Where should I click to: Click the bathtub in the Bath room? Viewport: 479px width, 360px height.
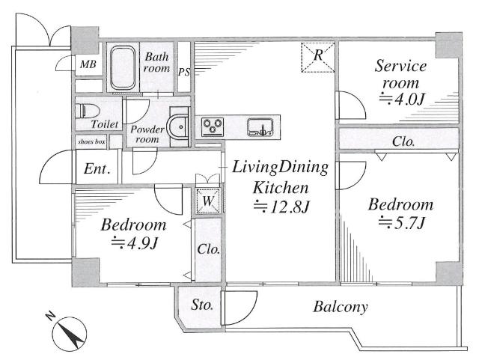[x=123, y=67]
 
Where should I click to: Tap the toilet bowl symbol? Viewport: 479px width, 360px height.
[x=87, y=111]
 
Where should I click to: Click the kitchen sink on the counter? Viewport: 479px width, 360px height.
[x=260, y=126]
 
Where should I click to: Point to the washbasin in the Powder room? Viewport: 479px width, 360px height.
[x=177, y=127]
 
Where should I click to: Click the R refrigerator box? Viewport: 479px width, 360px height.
[x=318, y=57]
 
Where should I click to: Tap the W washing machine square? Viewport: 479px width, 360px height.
[x=208, y=201]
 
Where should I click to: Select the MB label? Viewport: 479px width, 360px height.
[x=88, y=64]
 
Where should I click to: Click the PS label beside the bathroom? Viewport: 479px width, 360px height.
[x=184, y=72]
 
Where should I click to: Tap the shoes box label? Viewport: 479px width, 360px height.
[x=91, y=141]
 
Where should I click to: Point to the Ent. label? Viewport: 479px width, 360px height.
[x=97, y=168]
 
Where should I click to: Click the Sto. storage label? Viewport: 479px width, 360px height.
[x=202, y=305]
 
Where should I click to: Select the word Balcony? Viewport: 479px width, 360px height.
[x=341, y=307]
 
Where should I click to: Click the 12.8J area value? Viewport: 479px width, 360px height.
[x=281, y=207]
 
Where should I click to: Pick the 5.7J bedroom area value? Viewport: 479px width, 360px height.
[x=401, y=222]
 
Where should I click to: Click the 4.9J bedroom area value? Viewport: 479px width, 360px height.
[x=134, y=242]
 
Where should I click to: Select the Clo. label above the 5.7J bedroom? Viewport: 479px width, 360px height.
[x=403, y=141]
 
